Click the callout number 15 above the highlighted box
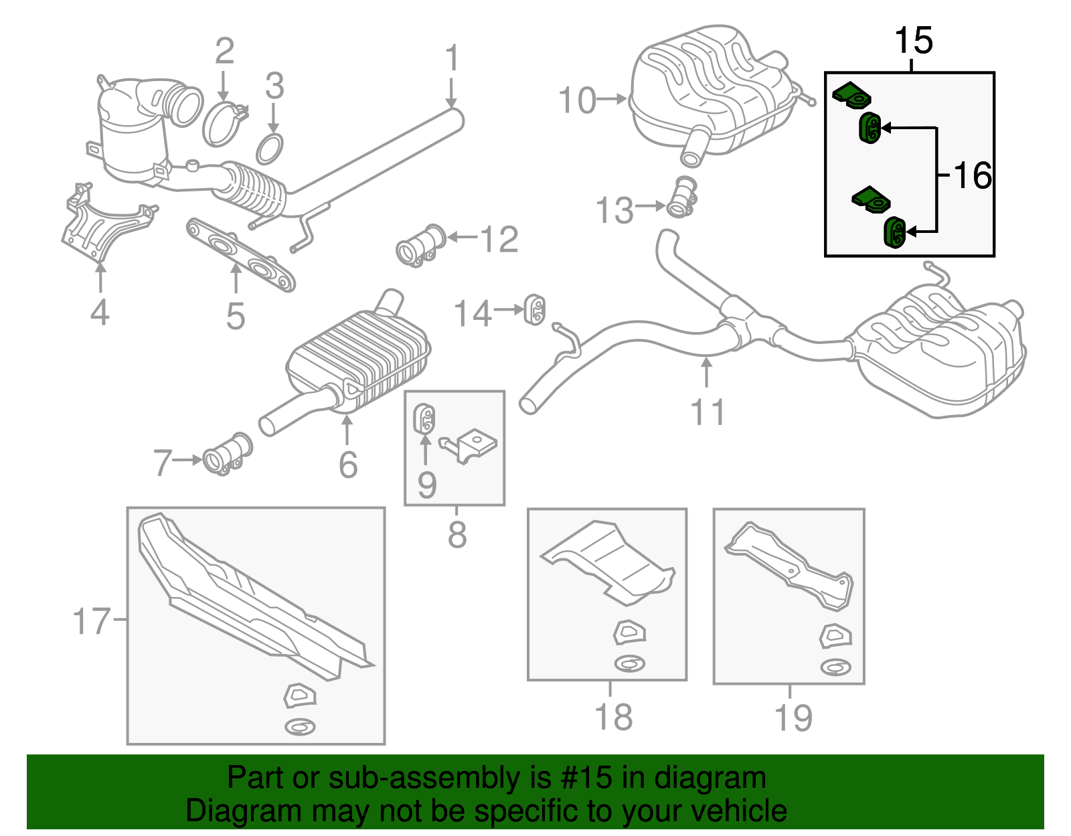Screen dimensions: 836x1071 tap(914, 41)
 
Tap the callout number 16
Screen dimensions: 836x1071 tap(973, 176)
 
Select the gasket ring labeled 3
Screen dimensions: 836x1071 tap(269, 149)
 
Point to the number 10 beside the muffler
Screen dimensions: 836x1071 tap(576, 101)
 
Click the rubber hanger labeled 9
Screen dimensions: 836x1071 tap(424, 418)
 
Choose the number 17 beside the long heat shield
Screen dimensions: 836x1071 tap(90, 621)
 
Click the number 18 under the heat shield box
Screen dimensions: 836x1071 tap(613, 717)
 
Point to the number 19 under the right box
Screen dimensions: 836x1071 tap(793, 718)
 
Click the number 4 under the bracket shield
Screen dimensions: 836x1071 tap(100, 313)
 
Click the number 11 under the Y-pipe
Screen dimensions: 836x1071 tap(708, 412)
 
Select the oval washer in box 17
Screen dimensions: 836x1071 tap(300, 726)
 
